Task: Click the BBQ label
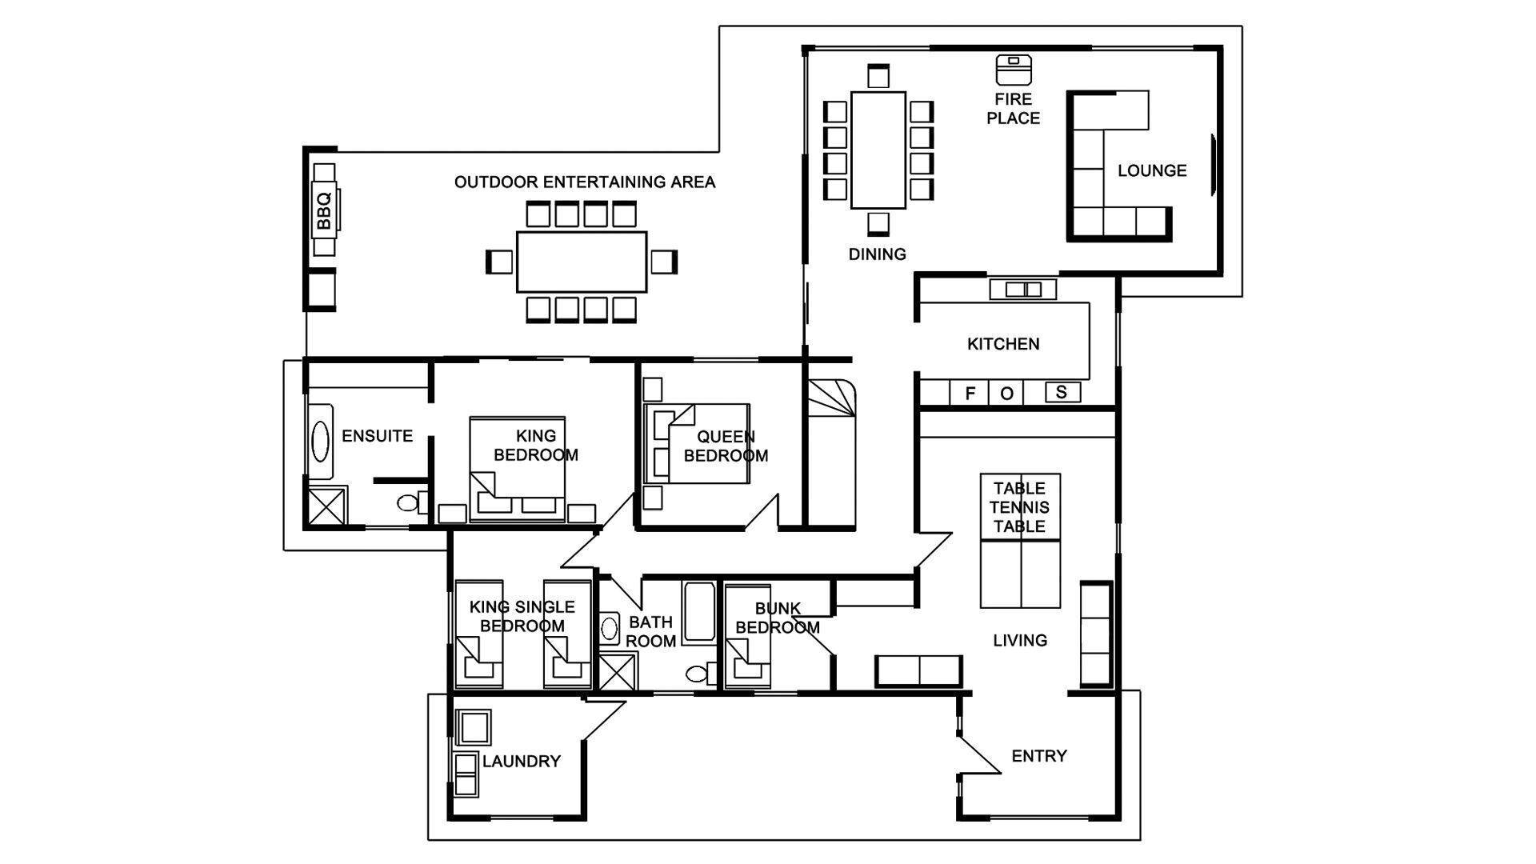click(x=324, y=211)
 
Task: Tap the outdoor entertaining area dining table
click(x=582, y=262)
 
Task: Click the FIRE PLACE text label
click(x=1013, y=109)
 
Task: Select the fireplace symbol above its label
click(x=1014, y=70)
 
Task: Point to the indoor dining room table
click(x=878, y=150)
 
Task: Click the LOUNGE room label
click(x=1151, y=170)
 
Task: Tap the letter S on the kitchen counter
click(x=1062, y=392)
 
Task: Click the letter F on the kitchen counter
click(x=970, y=393)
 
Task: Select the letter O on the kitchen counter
click(x=1007, y=393)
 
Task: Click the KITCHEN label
click(x=1003, y=344)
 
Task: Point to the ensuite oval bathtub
click(x=320, y=442)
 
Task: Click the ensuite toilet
click(x=410, y=503)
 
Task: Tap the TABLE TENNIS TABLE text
click(x=1019, y=507)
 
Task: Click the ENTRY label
click(x=1039, y=756)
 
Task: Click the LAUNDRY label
click(x=521, y=762)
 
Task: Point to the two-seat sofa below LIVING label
click(x=918, y=670)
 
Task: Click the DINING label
click(x=877, y=254)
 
